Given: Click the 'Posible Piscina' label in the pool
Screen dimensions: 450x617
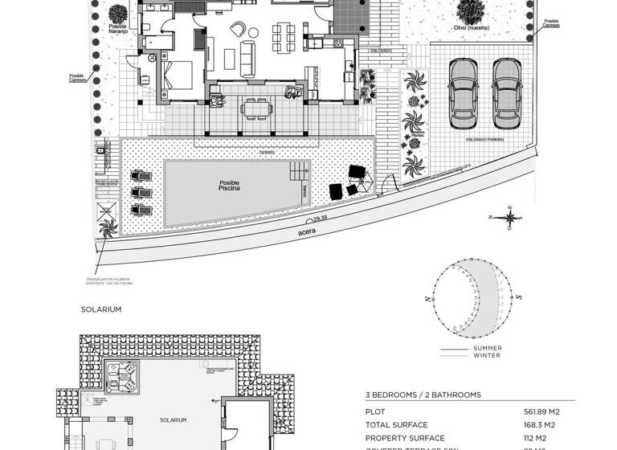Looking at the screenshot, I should pyautogui.click(x=229, y=186).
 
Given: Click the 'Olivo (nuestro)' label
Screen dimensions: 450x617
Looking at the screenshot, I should pyautogui.click(x=472, y=27).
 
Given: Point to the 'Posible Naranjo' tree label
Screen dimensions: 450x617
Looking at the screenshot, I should pyautogui.click(x=116, y=29).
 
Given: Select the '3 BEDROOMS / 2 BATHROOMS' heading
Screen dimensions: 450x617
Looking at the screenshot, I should pyautogui.click(x=423, y=395).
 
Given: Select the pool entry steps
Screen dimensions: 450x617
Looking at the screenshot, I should pyautogui.click(x=300, y=170).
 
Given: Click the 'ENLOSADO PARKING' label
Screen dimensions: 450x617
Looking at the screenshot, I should pyautogui.click(x=484, y=140).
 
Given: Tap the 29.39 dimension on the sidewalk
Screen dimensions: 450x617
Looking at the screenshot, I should pyautogui.click(x=320, y=218).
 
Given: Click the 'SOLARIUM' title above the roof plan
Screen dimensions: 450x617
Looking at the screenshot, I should pyautogui.click(x=100, y=309).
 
